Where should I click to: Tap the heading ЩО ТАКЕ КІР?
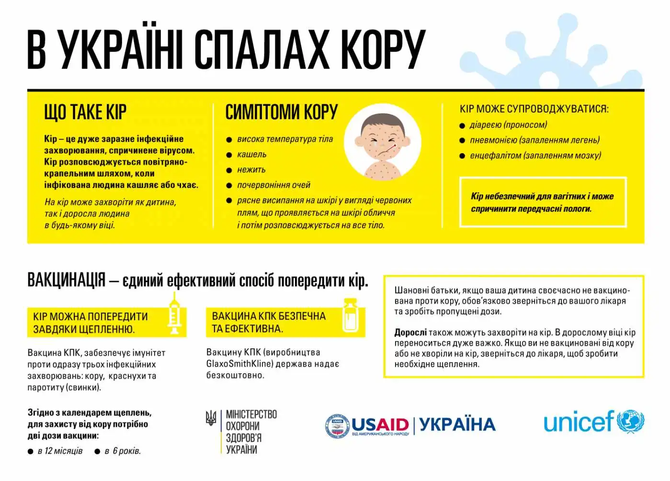click(85, 112)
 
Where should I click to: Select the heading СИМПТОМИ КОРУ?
click(281, 112)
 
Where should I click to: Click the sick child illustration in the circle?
click(383, 142)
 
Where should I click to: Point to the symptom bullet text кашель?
click(252, 155)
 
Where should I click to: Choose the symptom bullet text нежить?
click(251, 170)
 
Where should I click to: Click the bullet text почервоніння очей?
click(274, 185)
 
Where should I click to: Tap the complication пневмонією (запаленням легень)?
click(534, 140)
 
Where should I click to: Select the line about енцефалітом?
click(535, 156)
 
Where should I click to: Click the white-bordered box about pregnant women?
click(543, 202)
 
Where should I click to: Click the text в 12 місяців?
click(60, 451)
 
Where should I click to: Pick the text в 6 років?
click(123, 451)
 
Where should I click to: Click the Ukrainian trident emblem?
click(211, 418)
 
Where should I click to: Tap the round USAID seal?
click(337, 425)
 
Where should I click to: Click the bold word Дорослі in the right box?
click(410, 333)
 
